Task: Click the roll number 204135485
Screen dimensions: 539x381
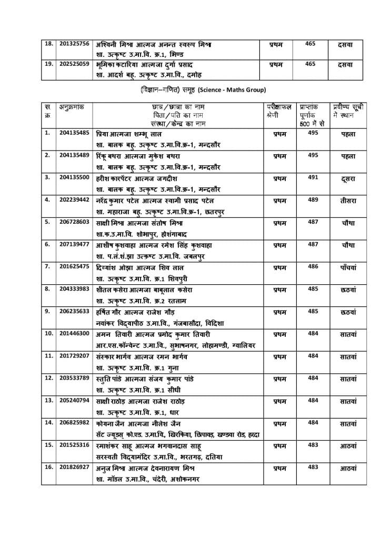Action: click(75, 134)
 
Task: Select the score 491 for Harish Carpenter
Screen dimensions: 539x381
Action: click(313, 177)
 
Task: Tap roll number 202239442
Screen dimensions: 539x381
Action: click(75, 200)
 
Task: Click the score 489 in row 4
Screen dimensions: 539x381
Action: click(313, 199)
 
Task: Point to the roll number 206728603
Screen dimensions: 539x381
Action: click(75, 222)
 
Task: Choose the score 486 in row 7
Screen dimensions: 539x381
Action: click(313, 266)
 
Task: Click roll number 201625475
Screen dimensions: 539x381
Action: click(75, 266)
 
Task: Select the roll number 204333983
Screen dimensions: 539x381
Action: click(75, 288)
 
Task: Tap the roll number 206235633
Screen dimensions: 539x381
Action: click(75, 311)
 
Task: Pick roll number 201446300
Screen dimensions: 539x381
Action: click(75, 334)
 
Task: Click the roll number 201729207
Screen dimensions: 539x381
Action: click(75, 356)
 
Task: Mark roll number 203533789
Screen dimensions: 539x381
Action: click(75, 378)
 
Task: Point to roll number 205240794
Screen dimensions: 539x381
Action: click(75, 400)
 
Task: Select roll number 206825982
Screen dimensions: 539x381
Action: click(75, 422)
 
